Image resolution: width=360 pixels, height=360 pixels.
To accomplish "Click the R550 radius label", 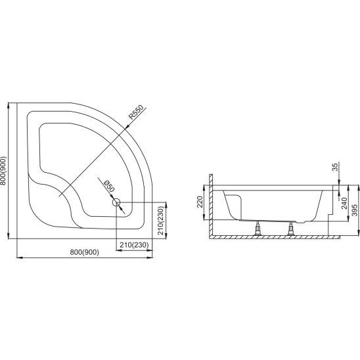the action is point(136,112).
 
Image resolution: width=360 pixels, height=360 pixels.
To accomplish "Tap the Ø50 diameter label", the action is point(109,186).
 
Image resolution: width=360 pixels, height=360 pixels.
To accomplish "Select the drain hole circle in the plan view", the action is point(116,202).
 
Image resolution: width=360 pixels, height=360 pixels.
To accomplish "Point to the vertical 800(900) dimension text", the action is point(3,171).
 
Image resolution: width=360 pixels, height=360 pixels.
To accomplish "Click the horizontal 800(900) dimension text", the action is point(85,252).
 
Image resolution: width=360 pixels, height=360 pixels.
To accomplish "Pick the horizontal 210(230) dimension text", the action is point(134,245).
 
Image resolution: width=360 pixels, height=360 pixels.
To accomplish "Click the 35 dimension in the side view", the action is point(335,167).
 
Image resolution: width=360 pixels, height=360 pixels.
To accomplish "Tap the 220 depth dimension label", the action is point(200,202).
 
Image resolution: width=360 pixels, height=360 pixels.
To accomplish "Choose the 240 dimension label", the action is point(344,204).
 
